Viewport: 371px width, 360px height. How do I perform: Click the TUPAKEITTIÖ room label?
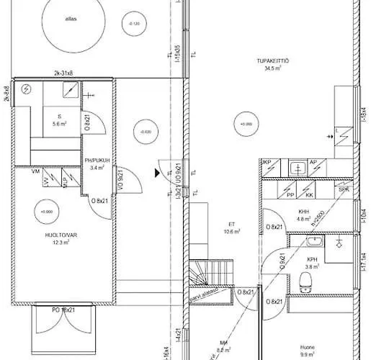click(277, 65)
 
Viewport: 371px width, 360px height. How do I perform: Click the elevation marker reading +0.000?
click(47, 212)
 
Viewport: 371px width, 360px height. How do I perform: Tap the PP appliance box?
click(290, 194)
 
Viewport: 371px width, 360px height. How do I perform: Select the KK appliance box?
click(309, 194)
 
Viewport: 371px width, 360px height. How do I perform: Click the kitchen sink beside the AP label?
click(297, 168)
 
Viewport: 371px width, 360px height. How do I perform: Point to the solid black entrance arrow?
click(156, 173)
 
